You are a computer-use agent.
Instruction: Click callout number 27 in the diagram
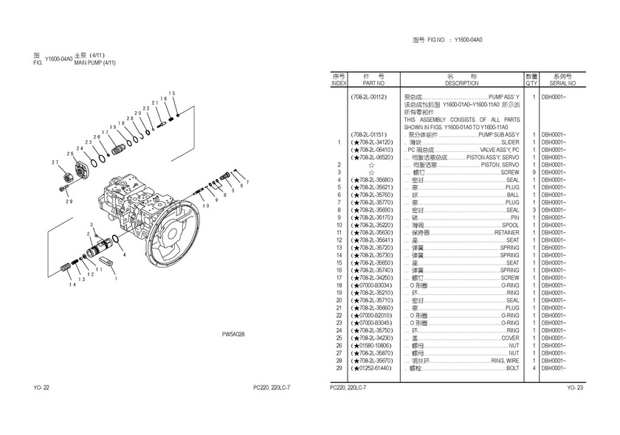click(55, 161)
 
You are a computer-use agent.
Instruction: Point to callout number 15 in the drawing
click(172, 93)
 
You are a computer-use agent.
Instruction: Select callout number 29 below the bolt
click(68, 201)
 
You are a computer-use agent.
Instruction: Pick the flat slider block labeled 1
click(103, 261)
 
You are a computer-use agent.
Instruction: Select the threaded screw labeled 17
click(118, 150)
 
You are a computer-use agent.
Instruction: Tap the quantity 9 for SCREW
click(532, 172)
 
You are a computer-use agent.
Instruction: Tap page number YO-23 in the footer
click(575, 388)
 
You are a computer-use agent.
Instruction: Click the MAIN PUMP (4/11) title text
click(95, 63)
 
